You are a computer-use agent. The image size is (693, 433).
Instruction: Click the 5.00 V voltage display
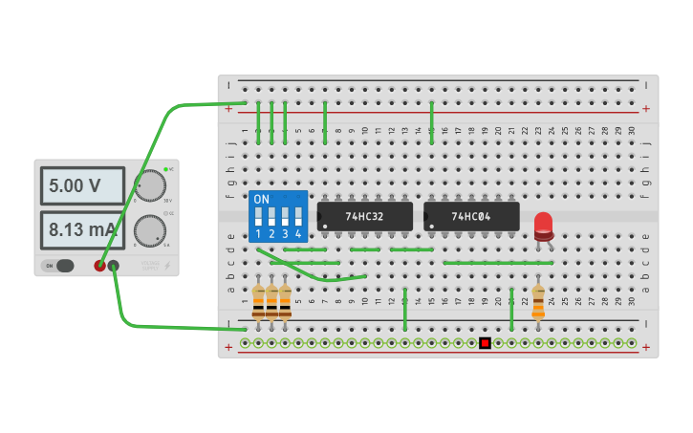82,185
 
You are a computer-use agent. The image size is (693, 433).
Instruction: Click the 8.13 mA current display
82,230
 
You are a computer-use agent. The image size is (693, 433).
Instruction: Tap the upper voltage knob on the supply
149,186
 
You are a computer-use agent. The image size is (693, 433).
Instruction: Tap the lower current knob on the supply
149,230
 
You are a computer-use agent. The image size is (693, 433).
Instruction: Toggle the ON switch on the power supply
58,265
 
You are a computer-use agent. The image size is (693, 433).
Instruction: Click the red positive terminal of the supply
99,265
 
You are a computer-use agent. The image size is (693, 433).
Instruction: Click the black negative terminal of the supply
114,265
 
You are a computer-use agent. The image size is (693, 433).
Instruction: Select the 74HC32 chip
364,216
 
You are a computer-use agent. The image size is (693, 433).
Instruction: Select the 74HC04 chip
471,216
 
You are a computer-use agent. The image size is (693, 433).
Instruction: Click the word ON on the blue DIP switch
262,200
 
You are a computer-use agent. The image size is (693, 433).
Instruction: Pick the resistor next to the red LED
538,300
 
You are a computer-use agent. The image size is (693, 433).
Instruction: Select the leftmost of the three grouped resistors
258,300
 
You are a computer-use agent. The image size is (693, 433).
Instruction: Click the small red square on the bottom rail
485,342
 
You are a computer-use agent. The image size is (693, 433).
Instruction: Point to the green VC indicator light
165,169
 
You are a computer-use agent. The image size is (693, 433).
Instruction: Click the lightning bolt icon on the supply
168,265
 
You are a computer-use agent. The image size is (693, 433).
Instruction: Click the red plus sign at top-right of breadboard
645,108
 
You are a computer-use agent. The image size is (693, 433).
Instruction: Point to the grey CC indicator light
165,213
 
